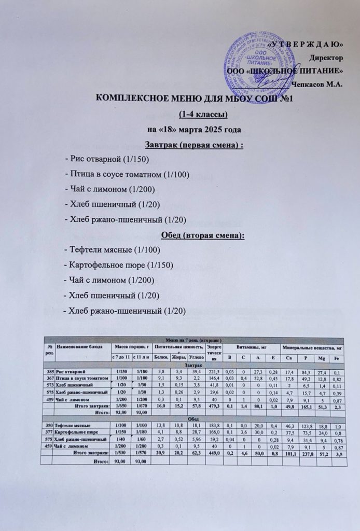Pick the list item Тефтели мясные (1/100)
[x=112, y=250]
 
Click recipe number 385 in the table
[x=50, y=372]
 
